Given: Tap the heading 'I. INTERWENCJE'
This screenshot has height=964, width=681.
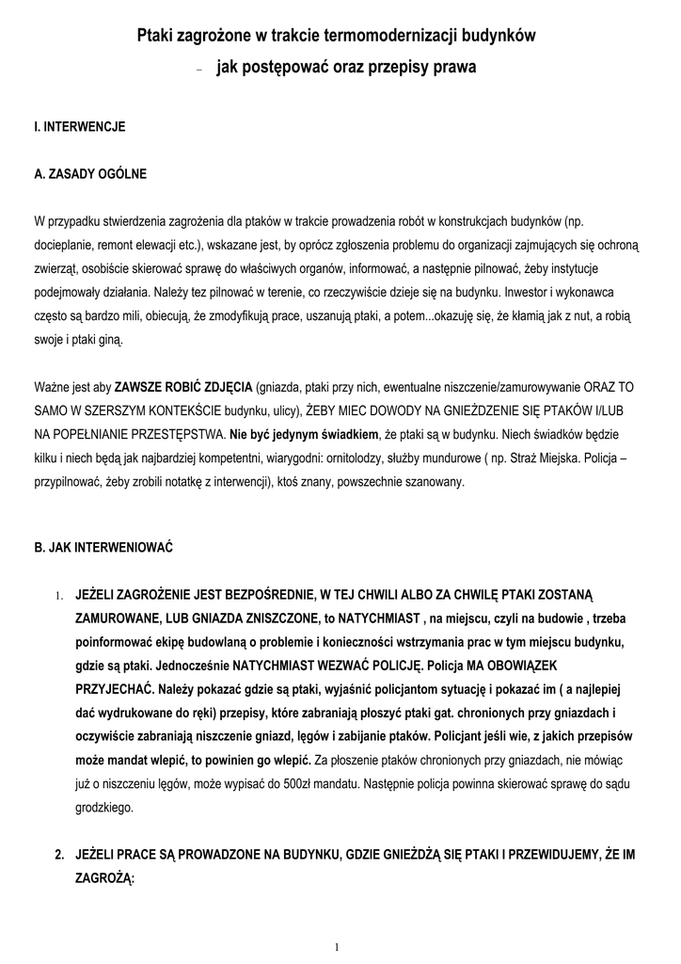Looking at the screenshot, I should [x=80, y=125].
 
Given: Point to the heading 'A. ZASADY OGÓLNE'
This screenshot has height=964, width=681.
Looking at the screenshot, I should [x=90, y=174].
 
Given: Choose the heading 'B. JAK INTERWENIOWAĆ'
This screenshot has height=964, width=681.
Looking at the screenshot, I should [x=103, y=545].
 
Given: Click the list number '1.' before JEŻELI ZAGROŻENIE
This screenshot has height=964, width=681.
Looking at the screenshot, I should [x=57, y=595].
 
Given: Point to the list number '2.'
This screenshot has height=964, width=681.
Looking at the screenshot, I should [x=59, y=855].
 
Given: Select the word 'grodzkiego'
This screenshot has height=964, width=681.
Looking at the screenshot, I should [x=105, y=808].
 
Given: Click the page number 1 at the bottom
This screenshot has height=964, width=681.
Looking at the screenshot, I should [x=337, y=947].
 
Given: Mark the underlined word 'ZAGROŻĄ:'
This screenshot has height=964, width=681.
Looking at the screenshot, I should [x=105, y=877].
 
